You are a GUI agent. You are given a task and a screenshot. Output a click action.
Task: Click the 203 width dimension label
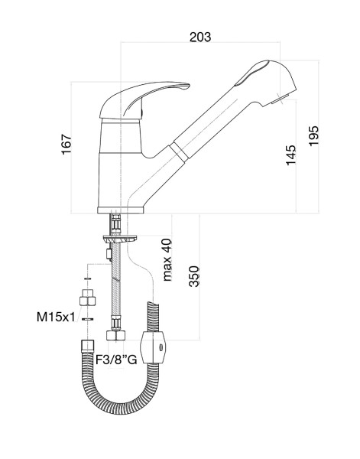200,37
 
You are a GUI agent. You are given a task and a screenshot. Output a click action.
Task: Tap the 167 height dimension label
66,144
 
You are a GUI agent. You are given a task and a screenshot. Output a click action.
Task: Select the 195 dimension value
314,136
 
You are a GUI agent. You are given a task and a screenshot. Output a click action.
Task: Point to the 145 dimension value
291,155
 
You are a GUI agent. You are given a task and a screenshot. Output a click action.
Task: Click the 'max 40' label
167,260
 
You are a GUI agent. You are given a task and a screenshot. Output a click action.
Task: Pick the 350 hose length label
194,276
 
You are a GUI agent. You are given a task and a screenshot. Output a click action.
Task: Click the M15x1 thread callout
56,317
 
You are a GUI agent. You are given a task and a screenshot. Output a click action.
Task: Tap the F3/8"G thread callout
116,360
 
